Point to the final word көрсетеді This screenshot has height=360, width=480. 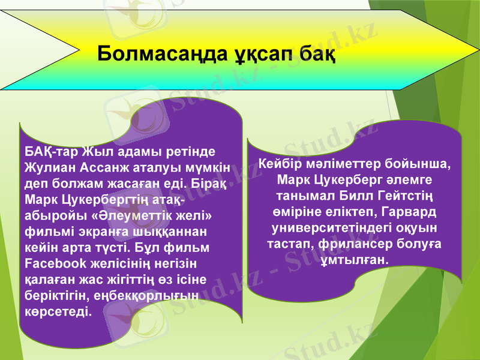[x=59, y=311]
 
